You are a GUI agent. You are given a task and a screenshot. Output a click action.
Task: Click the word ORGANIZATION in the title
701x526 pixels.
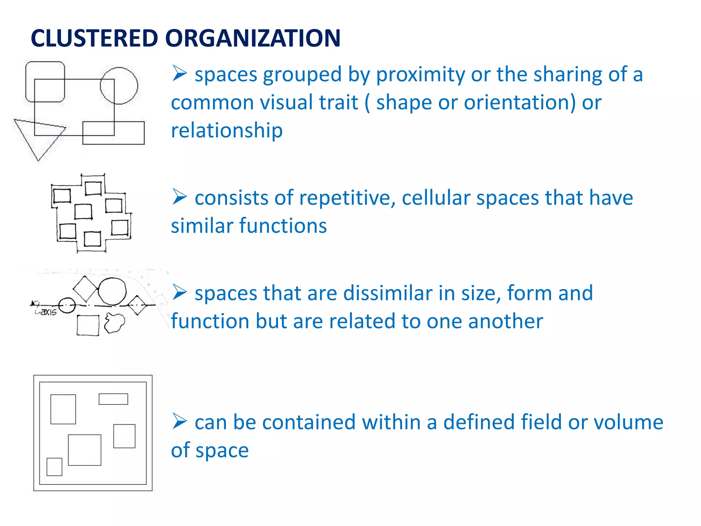(253, 38)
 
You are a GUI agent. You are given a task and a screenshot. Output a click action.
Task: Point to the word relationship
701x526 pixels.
(227, 130)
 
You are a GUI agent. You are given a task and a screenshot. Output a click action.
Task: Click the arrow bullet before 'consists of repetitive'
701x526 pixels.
(179, 197)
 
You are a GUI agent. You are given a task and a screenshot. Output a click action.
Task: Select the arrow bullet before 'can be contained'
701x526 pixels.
(179, 421)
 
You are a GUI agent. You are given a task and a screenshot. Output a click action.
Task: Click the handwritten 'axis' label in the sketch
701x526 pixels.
(48, 312)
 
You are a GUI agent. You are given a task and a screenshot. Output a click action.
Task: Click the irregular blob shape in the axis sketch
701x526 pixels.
(114, 323)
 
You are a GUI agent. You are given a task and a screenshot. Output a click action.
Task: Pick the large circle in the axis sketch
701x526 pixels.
(112, 291)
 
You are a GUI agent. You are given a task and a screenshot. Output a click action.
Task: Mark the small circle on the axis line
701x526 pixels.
(67, 305)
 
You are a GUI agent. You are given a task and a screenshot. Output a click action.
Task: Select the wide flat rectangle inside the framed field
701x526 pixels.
(113, 399)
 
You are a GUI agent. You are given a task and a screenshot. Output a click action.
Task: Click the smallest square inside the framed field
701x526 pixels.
(54, 467)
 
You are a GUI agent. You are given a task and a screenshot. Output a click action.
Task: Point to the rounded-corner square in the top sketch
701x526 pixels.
(45, 82)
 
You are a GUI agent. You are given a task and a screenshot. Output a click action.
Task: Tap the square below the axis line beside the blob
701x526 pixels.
(88, 325)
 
